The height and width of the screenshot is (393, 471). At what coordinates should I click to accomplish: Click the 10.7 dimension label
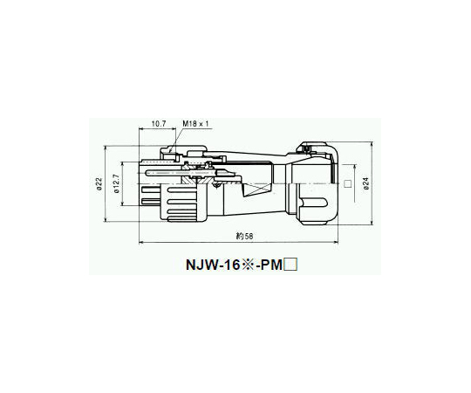tap(158, 123)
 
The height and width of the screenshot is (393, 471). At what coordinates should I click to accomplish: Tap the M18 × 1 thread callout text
tap(195, 123)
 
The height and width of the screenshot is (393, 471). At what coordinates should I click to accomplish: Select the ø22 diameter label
tap(99, 183)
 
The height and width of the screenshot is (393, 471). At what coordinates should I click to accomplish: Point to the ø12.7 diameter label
tap(117, 183)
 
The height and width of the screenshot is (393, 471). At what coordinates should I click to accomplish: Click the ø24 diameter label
tap(365, 183)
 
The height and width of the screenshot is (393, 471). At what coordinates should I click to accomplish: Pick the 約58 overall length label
tap(244, 237)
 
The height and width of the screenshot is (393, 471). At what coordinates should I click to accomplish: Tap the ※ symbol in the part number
tap(247, 265)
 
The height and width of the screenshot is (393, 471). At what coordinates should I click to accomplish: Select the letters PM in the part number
tap(271, 265)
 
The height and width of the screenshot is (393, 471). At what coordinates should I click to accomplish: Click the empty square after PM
tap(290, 265)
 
